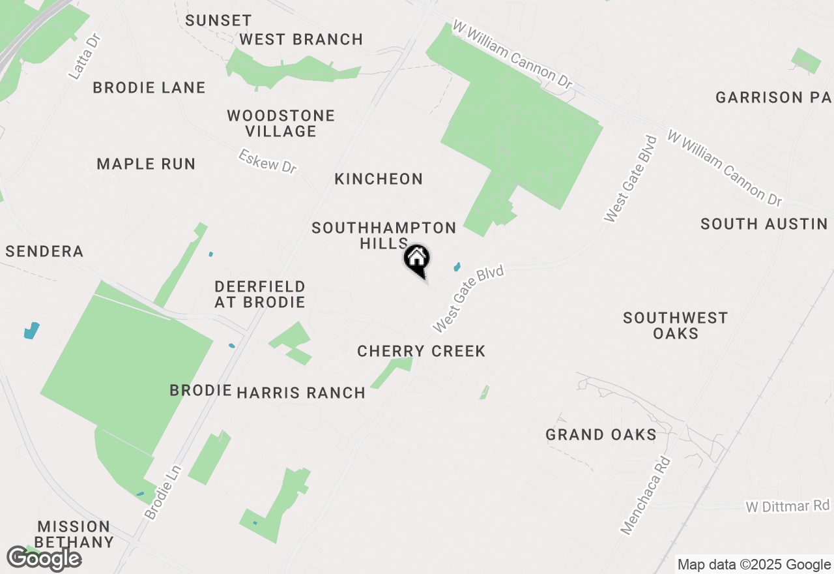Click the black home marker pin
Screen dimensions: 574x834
(x=417, y=260)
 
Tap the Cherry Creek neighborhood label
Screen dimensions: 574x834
(x=422, y=352)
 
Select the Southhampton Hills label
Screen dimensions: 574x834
(x=384, y=235)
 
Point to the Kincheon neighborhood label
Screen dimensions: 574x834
(x=379, y=179)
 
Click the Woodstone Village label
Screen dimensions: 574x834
(x=281, y=123)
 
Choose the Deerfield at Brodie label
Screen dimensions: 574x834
(x=260, y=294)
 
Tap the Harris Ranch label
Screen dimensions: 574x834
(x=301, y=393)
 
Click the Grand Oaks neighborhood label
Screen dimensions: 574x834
(x=601, y=434)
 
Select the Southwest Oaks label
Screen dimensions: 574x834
(x=675, y=325)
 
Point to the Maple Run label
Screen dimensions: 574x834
(x=146, y=164)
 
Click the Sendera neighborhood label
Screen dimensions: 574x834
(x=44, y=252)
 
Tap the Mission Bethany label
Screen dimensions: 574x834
(x=74, y=534)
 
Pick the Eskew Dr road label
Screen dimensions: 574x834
(x=267, y=161)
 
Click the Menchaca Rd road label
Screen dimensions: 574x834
(x=645, y=496)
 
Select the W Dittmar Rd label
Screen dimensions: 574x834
(x=788, y=506)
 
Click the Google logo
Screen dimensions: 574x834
(x=44, y=558)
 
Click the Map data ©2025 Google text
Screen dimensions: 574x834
(x=754, y=565)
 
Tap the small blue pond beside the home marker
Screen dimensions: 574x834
(x=457, y=267)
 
